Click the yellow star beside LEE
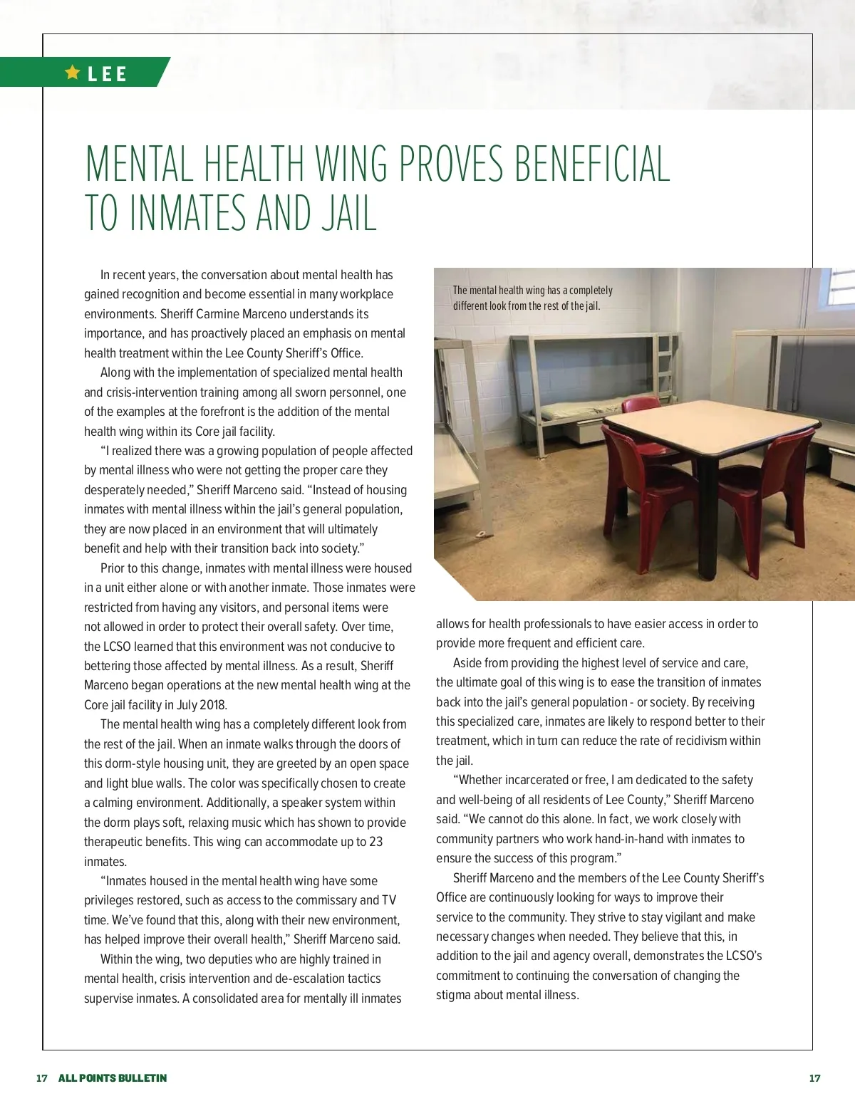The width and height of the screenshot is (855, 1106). [72, 72]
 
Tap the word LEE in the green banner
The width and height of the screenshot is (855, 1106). [107, 74]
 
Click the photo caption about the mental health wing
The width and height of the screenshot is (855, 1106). [532, 298]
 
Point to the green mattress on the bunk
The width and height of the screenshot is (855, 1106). [581, 409]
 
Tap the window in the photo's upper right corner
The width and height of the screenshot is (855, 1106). [841, 292]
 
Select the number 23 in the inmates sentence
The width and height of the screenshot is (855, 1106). [375, 842]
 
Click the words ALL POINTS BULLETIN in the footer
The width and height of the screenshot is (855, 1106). [113, 1078]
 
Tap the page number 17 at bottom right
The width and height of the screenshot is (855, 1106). [814, 1078]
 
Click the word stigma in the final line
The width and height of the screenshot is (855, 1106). [453, 995]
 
